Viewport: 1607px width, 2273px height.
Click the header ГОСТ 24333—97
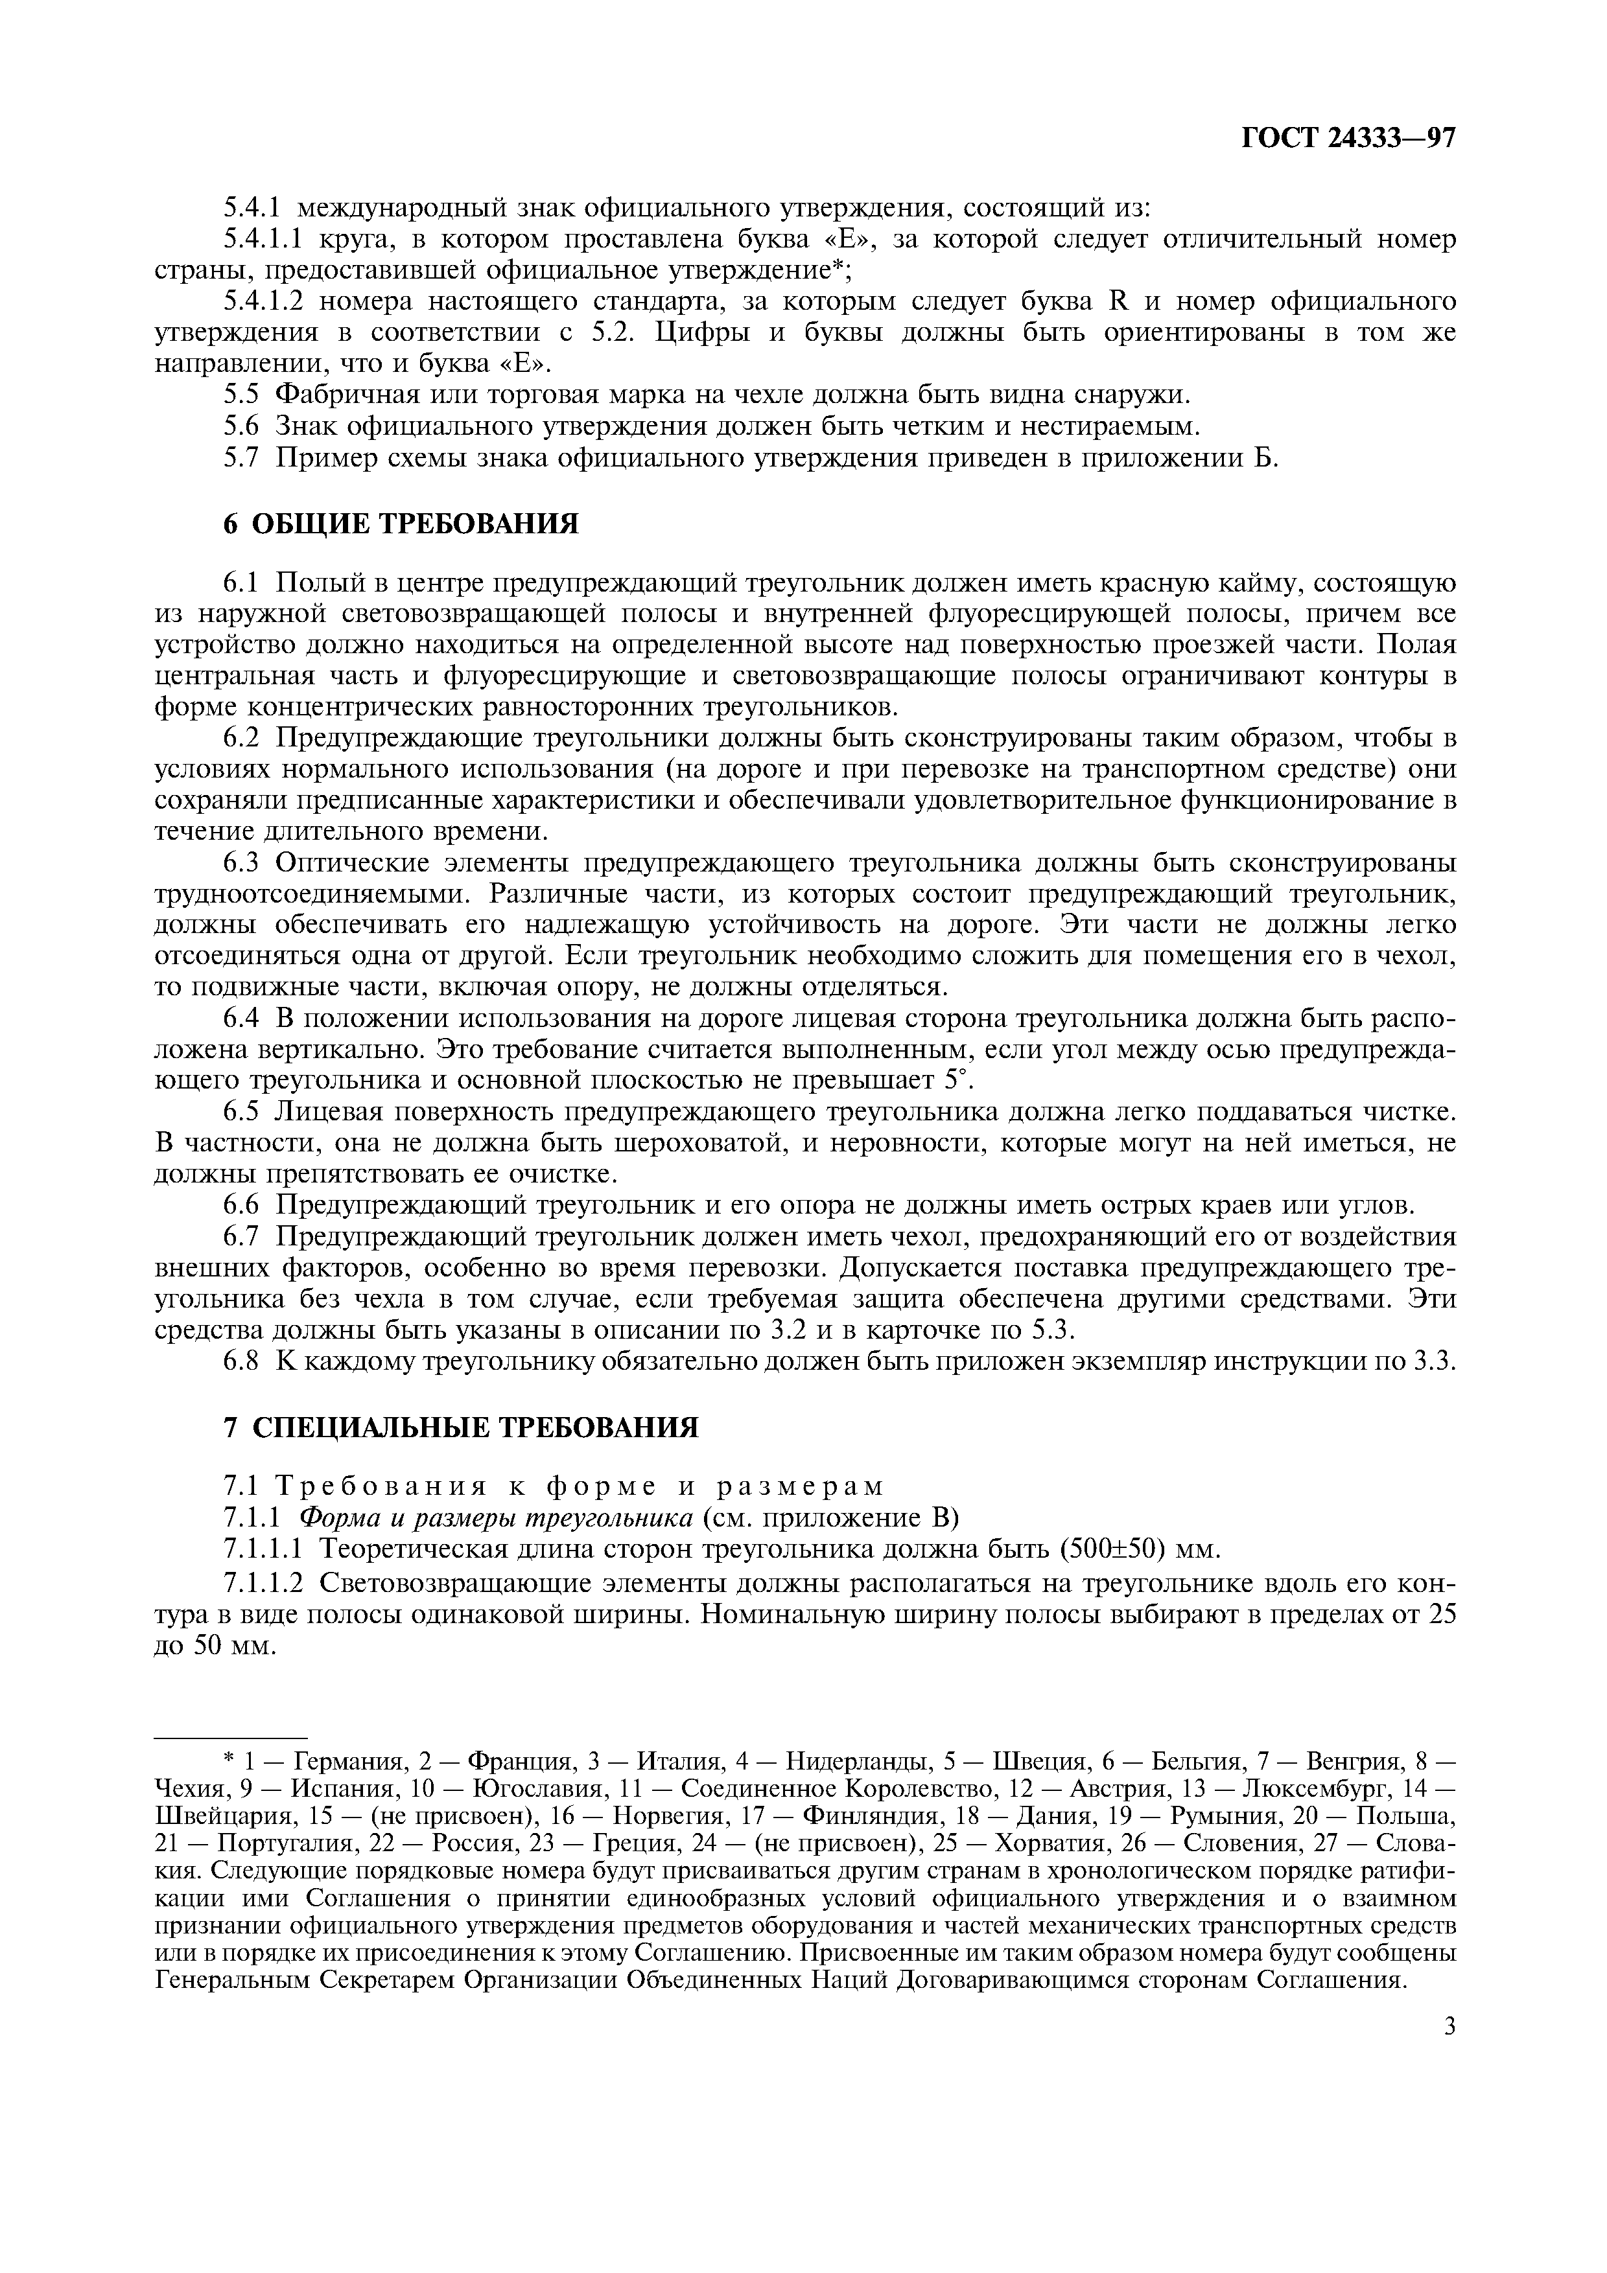tap(1348, 137)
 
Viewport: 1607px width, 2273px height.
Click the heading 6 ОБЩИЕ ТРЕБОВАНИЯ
tap(400, 523)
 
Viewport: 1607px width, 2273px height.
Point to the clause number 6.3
tap(242, 862)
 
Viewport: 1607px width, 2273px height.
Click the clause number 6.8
tap(242, 1361)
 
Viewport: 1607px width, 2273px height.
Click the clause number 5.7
tap(242, 457)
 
